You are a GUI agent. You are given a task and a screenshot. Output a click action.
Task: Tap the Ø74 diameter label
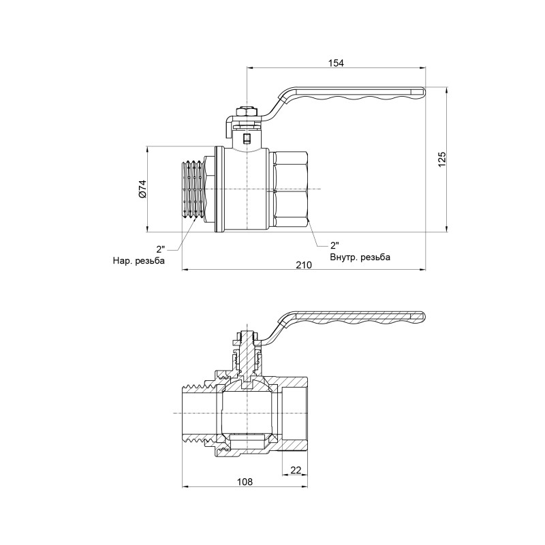[142, 189]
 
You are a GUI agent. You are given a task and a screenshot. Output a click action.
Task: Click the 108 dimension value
[245, 482]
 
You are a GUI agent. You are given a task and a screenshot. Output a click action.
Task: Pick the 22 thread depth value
[296, 470]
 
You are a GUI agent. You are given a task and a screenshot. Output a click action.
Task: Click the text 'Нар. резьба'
[139, 260]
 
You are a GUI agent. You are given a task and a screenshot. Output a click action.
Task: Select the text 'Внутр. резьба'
[360, 257]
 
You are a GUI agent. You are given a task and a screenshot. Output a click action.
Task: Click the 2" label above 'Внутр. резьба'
[334, 245]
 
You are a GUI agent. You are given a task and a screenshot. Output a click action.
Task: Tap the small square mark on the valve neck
[247, 141]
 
